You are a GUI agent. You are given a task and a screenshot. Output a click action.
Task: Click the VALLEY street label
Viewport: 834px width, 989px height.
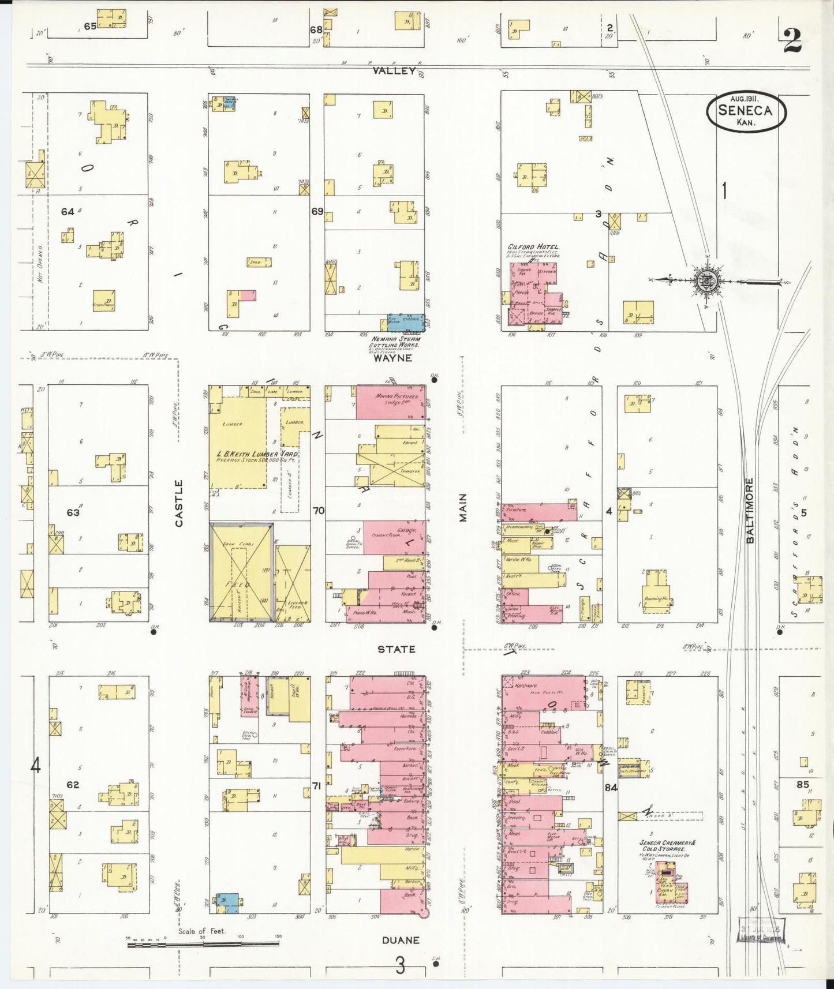point(394,70)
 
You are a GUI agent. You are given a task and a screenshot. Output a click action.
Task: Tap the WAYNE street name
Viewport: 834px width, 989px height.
point(392,358)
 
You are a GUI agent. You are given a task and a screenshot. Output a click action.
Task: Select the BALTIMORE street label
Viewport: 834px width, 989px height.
point(750,510)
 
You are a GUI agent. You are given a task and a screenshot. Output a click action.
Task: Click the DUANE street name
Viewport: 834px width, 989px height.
point(401,941)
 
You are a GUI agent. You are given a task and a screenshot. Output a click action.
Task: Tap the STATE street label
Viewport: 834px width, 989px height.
point(396,649)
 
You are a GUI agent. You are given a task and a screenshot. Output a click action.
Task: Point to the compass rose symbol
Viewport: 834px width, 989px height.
point(705,282)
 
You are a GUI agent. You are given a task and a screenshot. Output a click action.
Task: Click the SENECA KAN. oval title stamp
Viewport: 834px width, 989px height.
point(746,111)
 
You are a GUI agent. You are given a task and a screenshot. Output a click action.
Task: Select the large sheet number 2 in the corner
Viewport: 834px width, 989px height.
point(792,40)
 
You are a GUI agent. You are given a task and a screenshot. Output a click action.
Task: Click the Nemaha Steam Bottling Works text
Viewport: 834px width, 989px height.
point(396,342)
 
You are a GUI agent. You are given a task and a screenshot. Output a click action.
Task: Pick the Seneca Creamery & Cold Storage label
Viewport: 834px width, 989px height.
point(667,845)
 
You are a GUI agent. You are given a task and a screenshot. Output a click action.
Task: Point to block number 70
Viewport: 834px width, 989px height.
point(319,510)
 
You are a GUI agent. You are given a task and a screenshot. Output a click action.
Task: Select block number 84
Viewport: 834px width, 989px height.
point(611,786)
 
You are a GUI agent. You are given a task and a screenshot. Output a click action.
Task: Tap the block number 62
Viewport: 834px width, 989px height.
point(73,785)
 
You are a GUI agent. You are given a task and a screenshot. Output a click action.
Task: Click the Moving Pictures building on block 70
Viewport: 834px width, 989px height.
point(390,403)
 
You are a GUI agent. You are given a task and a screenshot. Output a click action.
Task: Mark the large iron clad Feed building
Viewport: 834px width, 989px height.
point(241,571)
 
